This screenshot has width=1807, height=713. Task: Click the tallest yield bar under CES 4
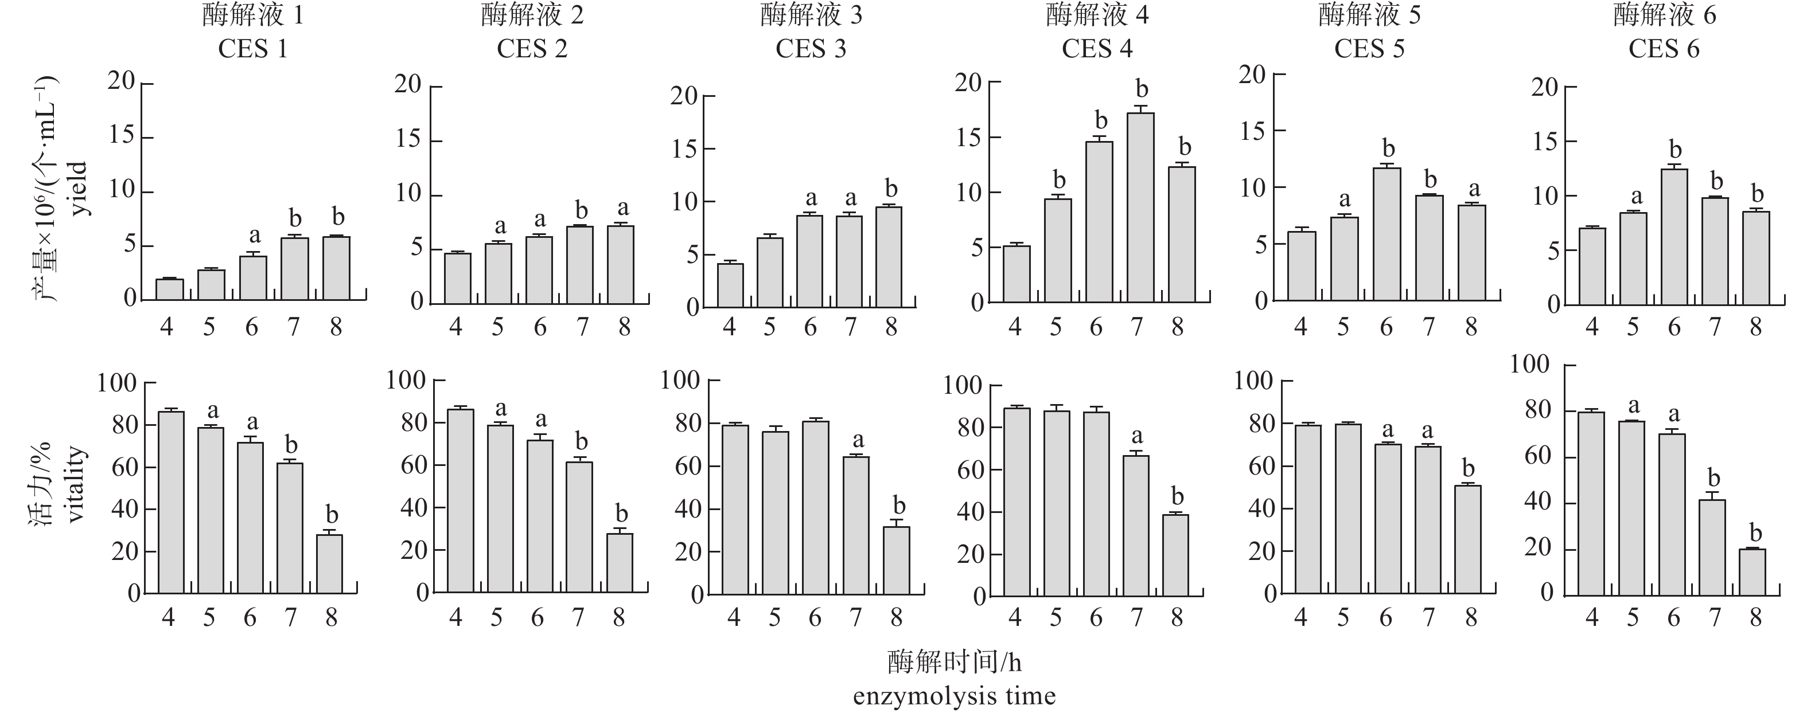point(1140,207)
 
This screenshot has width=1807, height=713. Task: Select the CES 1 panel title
point(252,49)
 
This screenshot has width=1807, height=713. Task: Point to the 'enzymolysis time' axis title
point(954,696)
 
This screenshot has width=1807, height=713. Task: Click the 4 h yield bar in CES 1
point(170,289)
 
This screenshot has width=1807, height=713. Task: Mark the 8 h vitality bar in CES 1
point(330,565)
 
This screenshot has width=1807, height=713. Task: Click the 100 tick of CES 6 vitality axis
point(1529,365)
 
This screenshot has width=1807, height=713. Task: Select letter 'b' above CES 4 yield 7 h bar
point(1142,90)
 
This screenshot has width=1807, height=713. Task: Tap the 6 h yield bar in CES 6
point(1674,237)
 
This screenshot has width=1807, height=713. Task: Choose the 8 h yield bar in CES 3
point(889,257)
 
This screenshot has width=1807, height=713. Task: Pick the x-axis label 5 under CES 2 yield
point(497,327)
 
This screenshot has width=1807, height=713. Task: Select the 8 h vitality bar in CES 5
point(1468,540)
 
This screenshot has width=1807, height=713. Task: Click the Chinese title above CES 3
point(811,15)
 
